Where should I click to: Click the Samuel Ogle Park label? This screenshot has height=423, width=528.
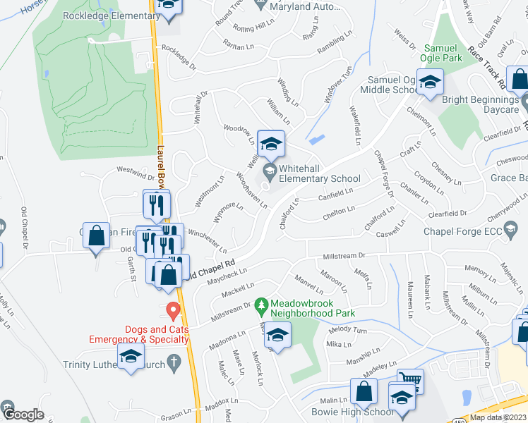click(x=443, y=53)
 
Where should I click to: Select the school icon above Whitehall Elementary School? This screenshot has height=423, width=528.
click(x=270, y=145)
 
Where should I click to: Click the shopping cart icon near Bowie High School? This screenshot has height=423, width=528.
click(x=409, y=381)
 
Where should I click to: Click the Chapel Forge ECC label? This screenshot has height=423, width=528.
click(x=462, y=231)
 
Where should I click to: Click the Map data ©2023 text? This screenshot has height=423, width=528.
click(x=498, y=417)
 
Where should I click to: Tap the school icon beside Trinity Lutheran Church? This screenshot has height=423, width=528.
click(x=131, y=358)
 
